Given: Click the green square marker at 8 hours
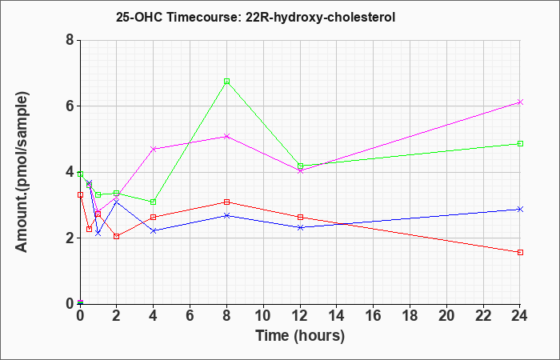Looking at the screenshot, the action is [x=226, y=82].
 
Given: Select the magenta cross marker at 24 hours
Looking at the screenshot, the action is [x=520, y=102].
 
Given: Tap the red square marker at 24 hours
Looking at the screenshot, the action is [x=520, y=253].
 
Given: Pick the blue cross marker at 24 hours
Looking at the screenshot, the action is [x=520, y=210].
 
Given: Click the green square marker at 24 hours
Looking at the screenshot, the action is [x=520, y=143].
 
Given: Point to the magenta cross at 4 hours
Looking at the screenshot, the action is [x=154, y=149].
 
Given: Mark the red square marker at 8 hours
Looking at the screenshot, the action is [x=226, y=202].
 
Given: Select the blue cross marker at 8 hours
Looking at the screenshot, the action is [x=226, y=215].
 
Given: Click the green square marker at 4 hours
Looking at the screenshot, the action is [x=154, y=202].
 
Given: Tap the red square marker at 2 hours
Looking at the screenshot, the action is [x=117, y=237].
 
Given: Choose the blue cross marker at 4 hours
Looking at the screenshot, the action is [x=154, y=230].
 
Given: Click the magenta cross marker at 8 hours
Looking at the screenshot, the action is [x=226, y=137].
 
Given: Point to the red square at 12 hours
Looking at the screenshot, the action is [x=300, y=217].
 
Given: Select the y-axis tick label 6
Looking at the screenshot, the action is [x=70, y=106].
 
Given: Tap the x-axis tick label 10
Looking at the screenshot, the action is [x=263, y=316].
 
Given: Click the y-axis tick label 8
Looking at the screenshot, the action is [x=70, y=40].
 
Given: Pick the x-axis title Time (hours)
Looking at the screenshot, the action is [x=300, y=336].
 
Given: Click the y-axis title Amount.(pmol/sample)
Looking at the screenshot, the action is [x=22, y=172].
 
